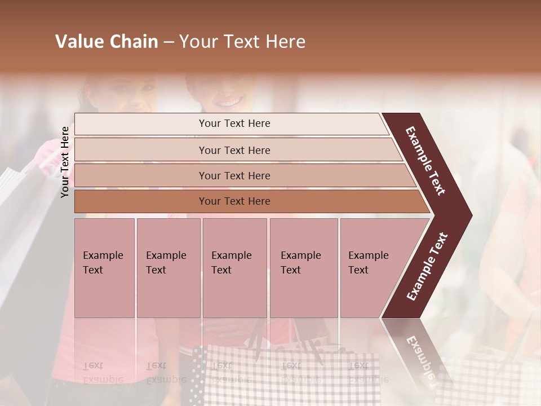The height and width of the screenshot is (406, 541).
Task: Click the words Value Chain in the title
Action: coord(107,42)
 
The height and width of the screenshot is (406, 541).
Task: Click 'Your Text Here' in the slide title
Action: coord(242,42)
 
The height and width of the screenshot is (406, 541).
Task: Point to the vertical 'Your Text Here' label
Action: coord(65,162)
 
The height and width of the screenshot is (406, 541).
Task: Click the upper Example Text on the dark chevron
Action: coord(425,161)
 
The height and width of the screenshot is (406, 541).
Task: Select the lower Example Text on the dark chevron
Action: coord(427,266)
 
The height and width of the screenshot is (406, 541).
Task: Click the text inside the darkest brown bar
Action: coord(234,201)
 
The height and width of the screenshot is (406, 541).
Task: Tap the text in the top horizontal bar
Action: coord(234,123)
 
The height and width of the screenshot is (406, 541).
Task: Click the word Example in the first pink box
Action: coord(103,255)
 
